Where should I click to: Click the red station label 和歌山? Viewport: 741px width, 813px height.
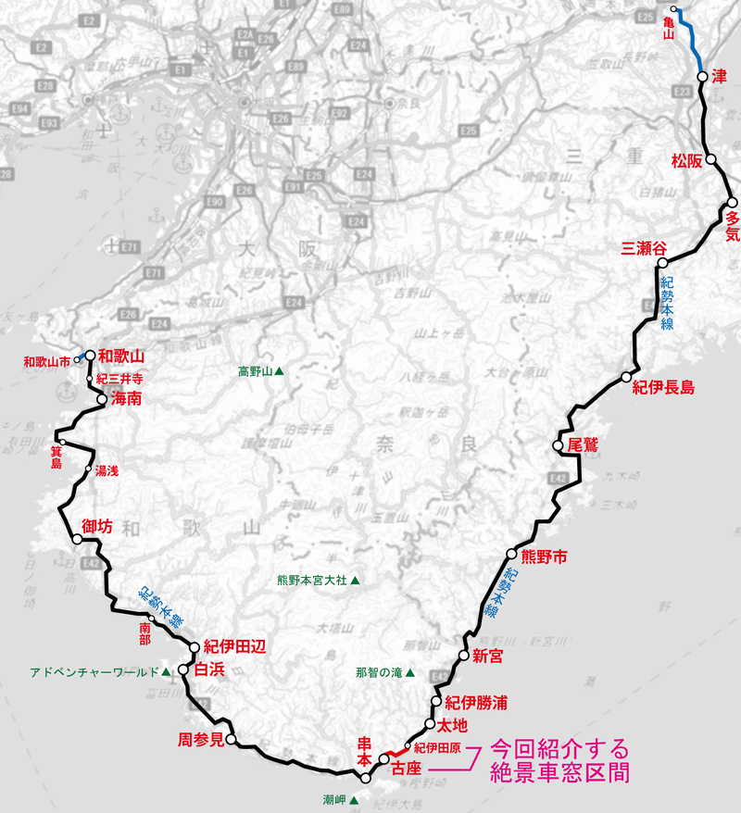coord(122,355)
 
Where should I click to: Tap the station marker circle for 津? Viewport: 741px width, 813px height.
coord(702,78)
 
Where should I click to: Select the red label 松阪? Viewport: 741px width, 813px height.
coord(687,160)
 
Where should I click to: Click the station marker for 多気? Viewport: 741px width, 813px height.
coord(732,203)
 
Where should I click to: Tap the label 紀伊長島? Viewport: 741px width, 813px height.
coord(663,387)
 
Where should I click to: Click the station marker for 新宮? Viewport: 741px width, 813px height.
coord(464,656)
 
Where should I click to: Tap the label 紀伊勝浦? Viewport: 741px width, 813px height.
coord(476,702)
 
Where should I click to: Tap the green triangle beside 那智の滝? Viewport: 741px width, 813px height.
coord(408,673)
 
